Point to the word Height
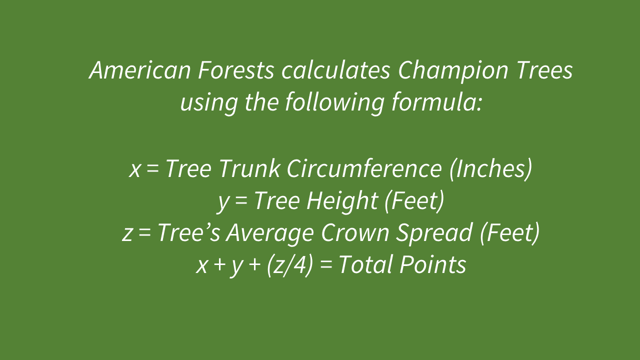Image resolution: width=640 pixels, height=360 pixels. point(342,201)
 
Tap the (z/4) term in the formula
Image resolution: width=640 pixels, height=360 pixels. point(290,265)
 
